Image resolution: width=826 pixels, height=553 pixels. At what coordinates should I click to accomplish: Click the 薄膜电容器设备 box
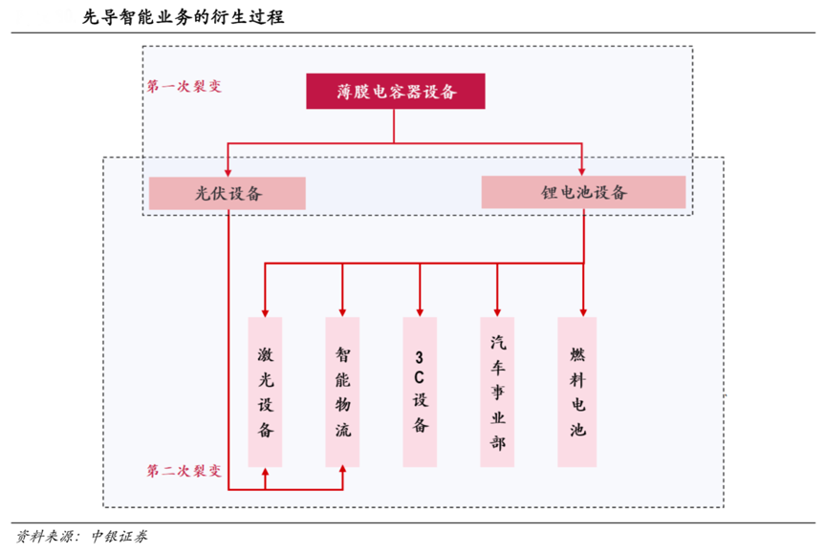pos(396,92)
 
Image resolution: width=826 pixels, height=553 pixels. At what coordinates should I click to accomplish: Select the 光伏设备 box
pos(228,193)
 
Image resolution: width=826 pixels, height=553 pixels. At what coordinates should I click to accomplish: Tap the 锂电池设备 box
pos(583,192)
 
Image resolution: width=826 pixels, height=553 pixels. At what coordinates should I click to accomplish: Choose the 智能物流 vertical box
pos(342,392)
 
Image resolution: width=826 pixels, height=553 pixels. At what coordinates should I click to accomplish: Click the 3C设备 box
pos(420,392)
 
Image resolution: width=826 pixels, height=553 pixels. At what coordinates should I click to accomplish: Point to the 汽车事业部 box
pos(497,392)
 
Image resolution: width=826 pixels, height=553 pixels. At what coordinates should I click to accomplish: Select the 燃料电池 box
pos(576,392)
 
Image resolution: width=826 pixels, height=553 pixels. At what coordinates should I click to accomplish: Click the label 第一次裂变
pos(185,86)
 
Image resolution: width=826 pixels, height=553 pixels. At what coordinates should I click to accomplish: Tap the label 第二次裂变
pos(185,471)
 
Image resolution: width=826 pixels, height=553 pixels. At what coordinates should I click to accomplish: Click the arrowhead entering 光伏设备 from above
pos(228,170)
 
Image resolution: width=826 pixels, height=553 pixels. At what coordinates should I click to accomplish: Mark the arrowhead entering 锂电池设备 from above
pos(583,170)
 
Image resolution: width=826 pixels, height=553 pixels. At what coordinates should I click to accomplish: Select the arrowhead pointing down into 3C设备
pos(420,310)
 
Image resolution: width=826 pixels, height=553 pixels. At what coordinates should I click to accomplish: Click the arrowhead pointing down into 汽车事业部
pos(497,310)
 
